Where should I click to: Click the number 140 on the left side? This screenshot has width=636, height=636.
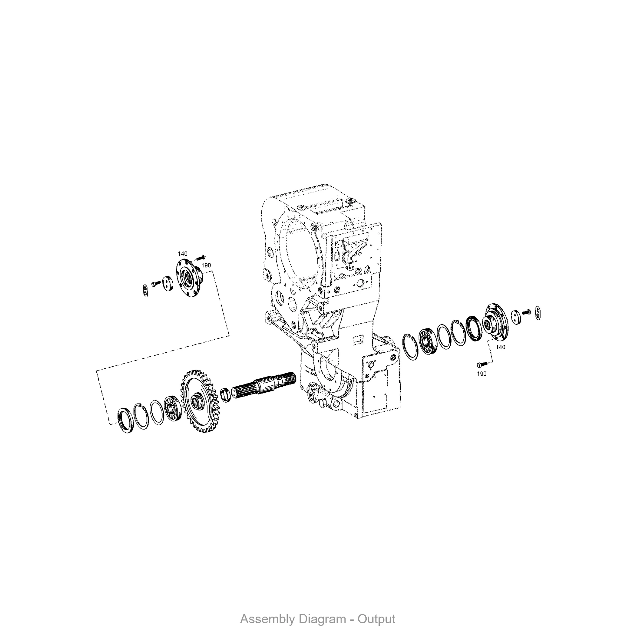(183, 254)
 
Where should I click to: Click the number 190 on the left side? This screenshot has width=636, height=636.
(206, 265)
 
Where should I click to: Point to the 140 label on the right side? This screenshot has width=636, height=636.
(500, 347)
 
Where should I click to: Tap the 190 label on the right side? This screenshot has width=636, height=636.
(481, 374)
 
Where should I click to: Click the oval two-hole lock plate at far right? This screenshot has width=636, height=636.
(538, 313)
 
